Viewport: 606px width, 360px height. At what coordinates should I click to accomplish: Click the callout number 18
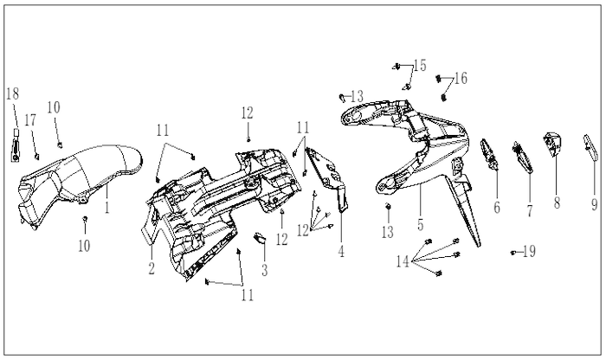[12, 93]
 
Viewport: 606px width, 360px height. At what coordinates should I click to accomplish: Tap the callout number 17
[30, 120]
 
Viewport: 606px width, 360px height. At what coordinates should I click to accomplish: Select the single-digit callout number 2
[151, 268]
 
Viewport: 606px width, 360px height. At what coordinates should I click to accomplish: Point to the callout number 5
[421, 224]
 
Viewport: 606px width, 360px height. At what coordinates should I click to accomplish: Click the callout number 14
[403, 261]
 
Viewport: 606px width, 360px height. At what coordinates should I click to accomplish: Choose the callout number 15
[420, 65]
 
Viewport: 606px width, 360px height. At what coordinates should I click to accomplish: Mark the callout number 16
[461, 78]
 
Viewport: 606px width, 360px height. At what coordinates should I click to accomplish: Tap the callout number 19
[530, 252]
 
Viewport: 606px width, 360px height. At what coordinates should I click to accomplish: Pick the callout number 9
[595, 204]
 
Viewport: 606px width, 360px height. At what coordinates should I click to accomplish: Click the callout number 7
[530, 210]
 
